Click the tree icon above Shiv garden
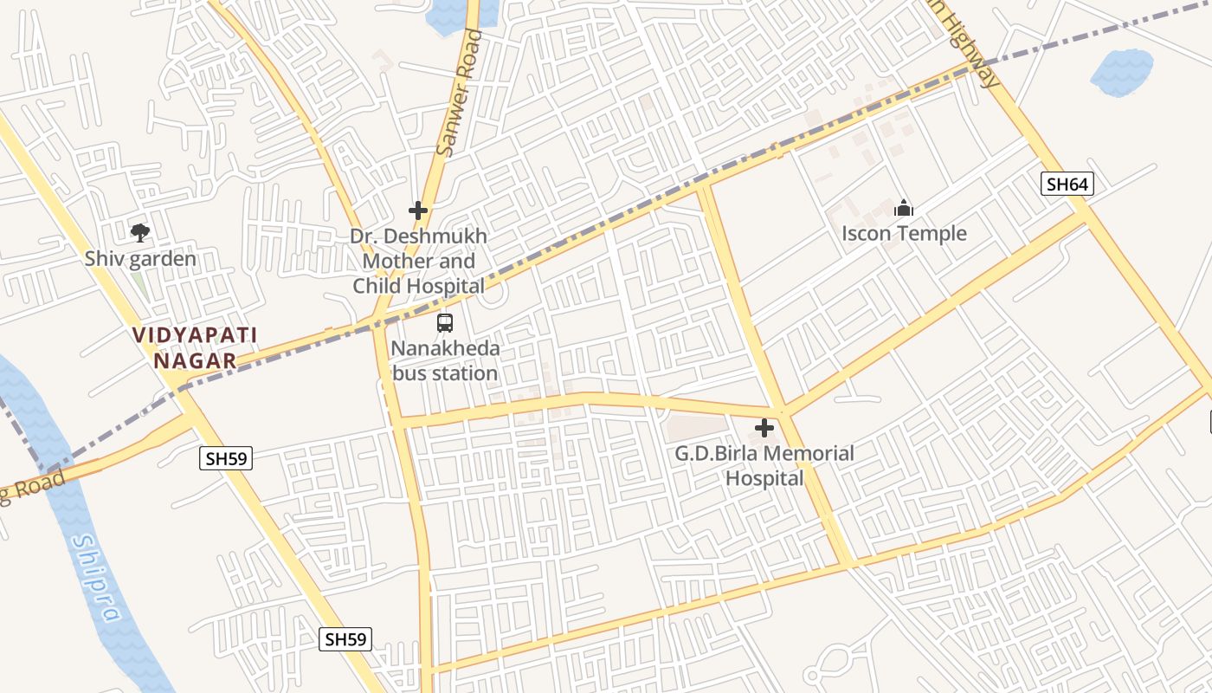(x=139, y=232)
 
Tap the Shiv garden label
(x=140, y=259)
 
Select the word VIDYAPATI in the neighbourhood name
(x=195, y=334)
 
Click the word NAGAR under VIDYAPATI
(x=195, y=360)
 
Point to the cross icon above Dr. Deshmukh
(x=418, y=210)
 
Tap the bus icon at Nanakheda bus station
(x=445, y=323)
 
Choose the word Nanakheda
(x=445, y=349)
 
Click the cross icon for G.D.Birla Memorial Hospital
(x=764, y=428)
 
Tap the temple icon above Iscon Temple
(x=904, y=209)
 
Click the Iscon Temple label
(x=904, y=234)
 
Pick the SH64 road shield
(x=1067, y=184)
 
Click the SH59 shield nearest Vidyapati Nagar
(x=226, y=458)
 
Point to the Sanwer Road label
(x=459, y=94)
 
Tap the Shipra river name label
(x=96, y=578)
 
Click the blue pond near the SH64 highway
(x=1122, y=73)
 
